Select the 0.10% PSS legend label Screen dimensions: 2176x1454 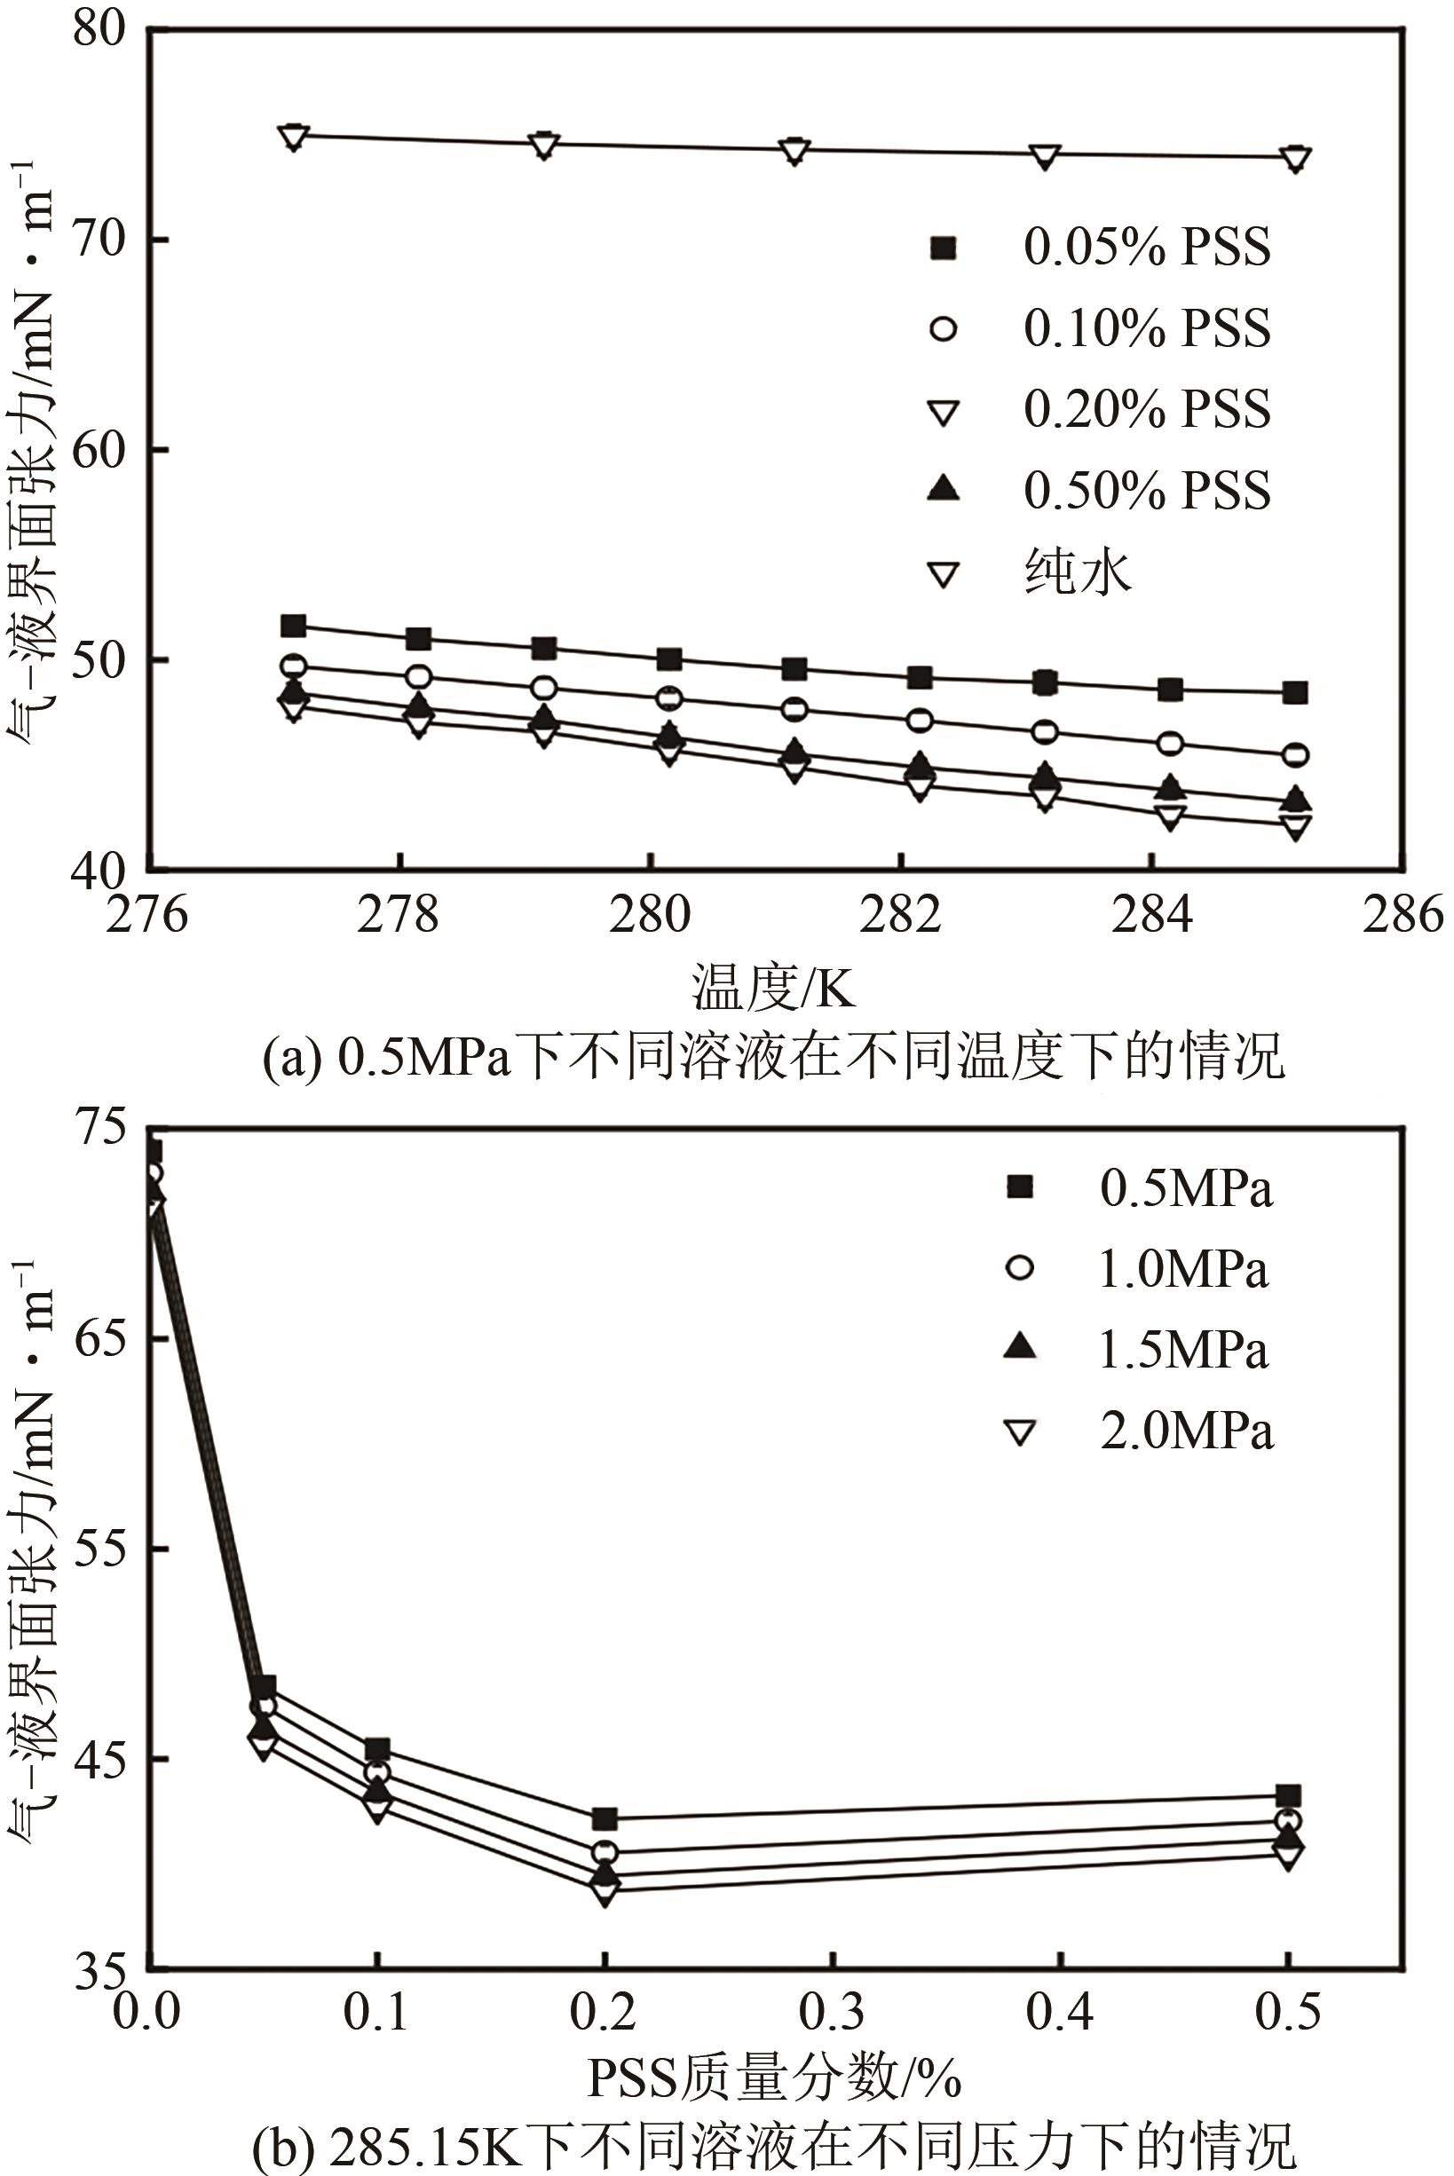(1146, 328)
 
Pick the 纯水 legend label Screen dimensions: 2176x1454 (1078, 572)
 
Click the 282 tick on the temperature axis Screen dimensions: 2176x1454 (900, 915)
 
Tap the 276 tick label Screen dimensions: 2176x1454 (148, 915)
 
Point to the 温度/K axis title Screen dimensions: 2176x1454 (772, 988)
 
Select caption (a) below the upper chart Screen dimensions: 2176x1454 (772, 1056)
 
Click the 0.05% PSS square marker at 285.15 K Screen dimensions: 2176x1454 (1295, 692)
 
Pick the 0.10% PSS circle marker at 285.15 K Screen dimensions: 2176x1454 (1295, 754)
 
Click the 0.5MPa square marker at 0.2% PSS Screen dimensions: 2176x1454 (605, 1819)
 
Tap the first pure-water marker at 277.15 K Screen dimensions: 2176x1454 (293, 138)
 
